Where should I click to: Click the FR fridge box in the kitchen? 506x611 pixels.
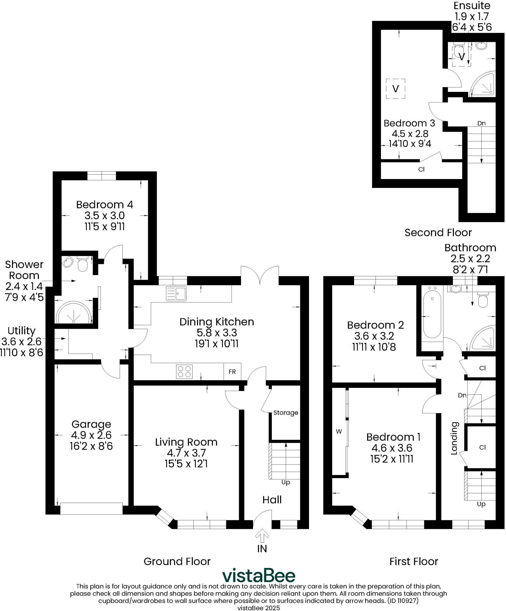coord(232,372)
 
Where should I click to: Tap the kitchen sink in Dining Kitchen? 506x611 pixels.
coord(176,294)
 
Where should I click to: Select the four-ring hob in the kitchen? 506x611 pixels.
coord(184,372)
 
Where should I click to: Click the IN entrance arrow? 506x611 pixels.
coord(262,537)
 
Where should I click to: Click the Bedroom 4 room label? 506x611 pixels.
coord(105,205)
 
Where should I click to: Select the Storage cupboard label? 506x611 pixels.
coord(285,413)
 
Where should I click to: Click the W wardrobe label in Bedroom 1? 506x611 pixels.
coord(339,431)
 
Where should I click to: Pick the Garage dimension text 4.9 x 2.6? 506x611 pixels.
coord(91,435)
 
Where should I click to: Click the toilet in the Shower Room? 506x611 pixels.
coord(82,264)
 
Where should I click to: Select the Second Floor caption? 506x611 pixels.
coord(438,233)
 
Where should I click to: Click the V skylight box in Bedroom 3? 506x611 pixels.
coord(395,89)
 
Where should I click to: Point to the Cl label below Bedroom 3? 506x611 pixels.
coord(421,169)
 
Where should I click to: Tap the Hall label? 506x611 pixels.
coord(272,500)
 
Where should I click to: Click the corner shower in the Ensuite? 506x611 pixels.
coord(483,84)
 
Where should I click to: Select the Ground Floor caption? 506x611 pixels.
coord(177,561)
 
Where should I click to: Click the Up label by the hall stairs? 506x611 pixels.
coord(285,482)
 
